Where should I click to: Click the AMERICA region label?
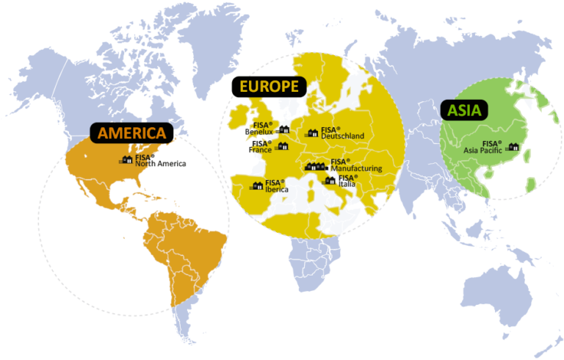pos(132,133)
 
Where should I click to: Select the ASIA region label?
pos(465,111)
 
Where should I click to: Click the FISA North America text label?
pos(160,160)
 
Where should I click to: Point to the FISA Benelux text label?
pos(259,128)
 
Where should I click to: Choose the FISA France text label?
pos(261,147)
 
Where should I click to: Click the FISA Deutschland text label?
pos(341,133)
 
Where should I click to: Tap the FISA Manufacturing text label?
pos(355,165)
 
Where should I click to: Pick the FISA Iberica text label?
pos(276,185)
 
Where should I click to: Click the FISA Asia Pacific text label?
pos(483,147)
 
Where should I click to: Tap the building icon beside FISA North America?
pos(126,159)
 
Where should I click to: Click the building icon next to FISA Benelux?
pos(283,130)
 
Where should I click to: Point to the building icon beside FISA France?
pos(282,147)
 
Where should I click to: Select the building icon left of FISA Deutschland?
pos(312,133)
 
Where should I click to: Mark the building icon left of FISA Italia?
pos(330,180)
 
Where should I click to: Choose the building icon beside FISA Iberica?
pos(257,185)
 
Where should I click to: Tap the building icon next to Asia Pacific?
pos(513,147)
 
